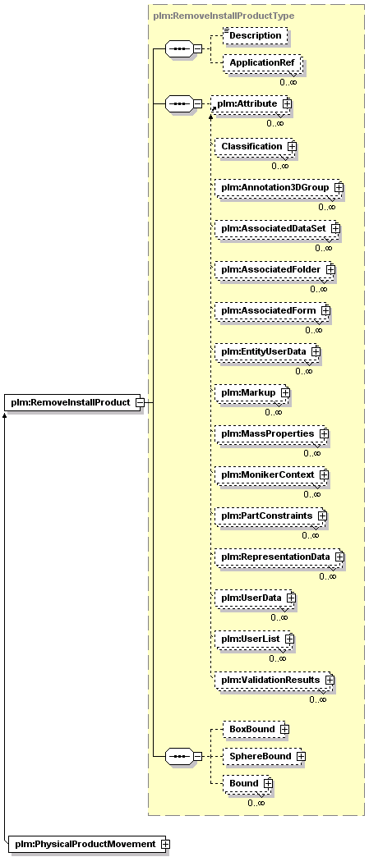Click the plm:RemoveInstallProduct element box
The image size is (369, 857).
73,402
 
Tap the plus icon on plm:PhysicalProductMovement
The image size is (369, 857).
165,844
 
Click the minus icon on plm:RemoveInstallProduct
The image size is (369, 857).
139,402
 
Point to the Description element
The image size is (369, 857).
255,35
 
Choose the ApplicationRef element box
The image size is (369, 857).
262,63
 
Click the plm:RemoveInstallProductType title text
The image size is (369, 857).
224,16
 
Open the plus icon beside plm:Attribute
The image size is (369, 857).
286,103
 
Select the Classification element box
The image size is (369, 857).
255,146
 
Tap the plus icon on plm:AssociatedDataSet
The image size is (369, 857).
334,228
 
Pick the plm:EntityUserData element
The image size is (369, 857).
267,351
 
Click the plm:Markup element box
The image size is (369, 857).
251,392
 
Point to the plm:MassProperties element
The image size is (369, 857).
271,433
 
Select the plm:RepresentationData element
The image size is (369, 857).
279,557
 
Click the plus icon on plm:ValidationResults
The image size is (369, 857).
329,680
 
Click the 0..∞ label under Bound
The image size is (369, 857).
256,803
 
